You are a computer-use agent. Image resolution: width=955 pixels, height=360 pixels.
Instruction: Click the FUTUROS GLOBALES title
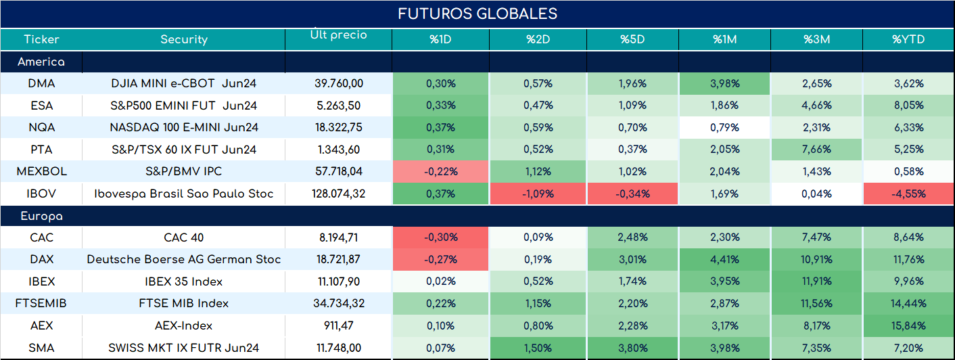coord(477,14)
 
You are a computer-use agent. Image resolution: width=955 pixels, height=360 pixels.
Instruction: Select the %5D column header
coord(632,39)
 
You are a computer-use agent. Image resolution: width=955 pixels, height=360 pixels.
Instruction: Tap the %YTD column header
coord(908,39)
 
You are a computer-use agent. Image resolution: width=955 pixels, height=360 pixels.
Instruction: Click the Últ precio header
coord(339,34)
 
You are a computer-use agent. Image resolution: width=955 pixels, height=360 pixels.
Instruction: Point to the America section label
coord(41,62)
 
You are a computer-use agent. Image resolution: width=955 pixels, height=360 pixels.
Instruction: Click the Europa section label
coord(42,217)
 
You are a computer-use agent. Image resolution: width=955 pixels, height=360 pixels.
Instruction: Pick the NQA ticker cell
coord(41,127)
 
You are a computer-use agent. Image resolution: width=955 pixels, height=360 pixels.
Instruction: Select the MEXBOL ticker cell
coord(42,171)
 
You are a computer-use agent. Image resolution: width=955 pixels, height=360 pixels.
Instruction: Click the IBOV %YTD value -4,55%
coord(908,194)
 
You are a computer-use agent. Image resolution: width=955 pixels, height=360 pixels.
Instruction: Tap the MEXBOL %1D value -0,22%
coord(441,171)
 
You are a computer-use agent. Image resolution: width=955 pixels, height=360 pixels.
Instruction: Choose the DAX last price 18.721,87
coord(339,259)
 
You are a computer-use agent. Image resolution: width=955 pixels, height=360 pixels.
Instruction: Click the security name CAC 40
coord(184,237)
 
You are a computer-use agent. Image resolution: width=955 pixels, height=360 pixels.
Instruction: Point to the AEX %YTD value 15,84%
coord(908,326)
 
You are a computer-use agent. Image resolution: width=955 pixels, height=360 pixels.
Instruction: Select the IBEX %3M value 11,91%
coord(816,282)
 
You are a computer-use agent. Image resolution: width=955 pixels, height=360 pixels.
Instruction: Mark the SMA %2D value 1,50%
coord(538,348)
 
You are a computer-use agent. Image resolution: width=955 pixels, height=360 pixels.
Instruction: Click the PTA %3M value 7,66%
coord(816,150)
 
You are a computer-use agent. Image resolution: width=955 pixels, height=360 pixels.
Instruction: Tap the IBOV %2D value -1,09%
coord(538,194)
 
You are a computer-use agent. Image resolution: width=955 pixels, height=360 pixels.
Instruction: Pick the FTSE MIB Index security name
coord(184,303)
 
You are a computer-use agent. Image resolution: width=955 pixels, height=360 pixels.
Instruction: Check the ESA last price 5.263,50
coord(339,106)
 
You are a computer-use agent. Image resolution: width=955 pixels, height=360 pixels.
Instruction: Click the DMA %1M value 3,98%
coord(725,83)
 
